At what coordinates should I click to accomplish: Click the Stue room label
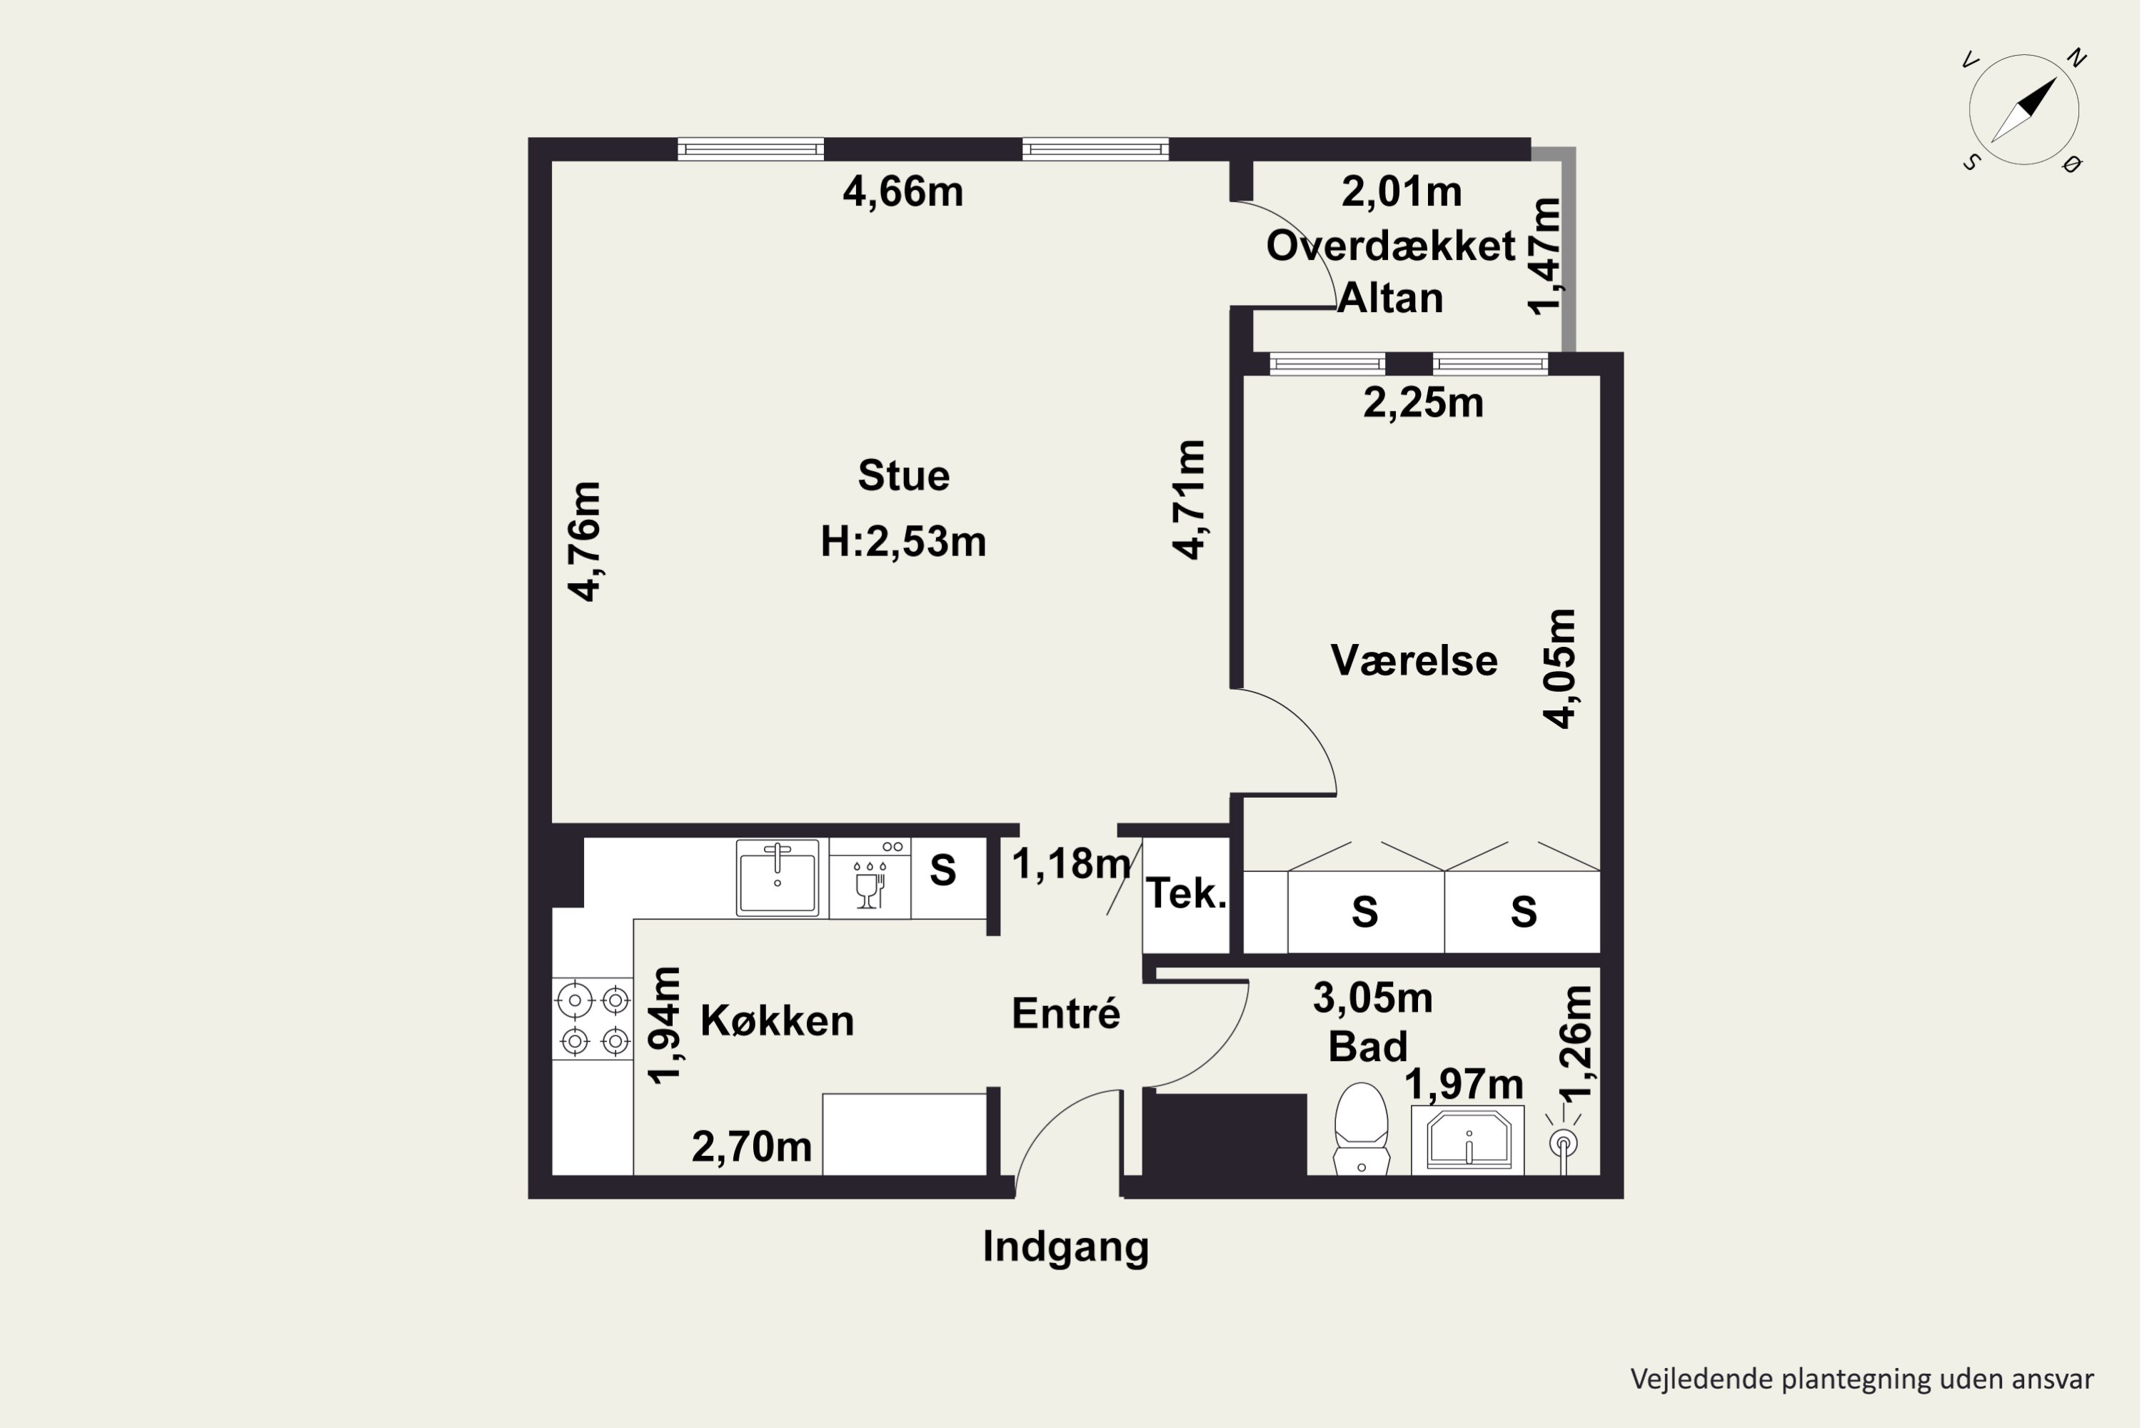click(903, 476)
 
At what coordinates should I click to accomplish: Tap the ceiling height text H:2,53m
click(902, 542)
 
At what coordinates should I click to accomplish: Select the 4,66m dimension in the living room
click(902, 192)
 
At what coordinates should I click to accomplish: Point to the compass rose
click(2023, 110)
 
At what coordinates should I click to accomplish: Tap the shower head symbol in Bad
click(1564, 1144)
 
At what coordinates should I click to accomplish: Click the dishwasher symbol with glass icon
click(870, 878)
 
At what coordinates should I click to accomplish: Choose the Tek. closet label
click(1186, 893)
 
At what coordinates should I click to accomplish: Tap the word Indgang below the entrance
click(1065, 1247)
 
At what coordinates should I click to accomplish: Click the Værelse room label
click(1414, 660)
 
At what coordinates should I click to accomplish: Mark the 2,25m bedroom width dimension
click(1422, 403)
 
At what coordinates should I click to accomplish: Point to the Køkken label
click(777, 1021)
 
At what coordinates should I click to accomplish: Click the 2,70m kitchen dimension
click(751, 1147)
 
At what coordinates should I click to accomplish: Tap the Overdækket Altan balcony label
click(1391, 271)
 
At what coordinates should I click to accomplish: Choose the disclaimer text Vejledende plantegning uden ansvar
click(1861, 1379)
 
